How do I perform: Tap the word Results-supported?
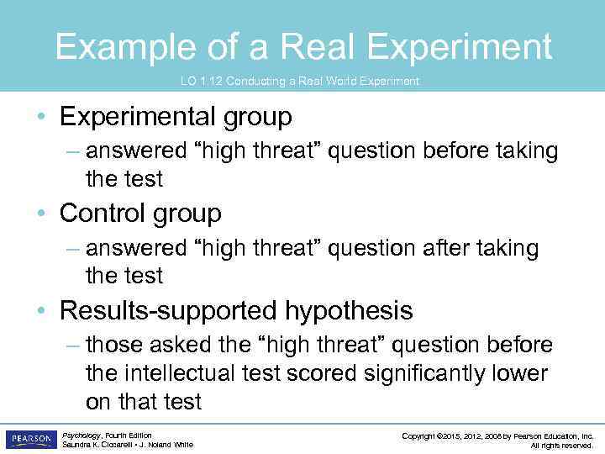click(168, 311)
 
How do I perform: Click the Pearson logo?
click(31, 440)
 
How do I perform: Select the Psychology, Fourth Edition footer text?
click(107, 436)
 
